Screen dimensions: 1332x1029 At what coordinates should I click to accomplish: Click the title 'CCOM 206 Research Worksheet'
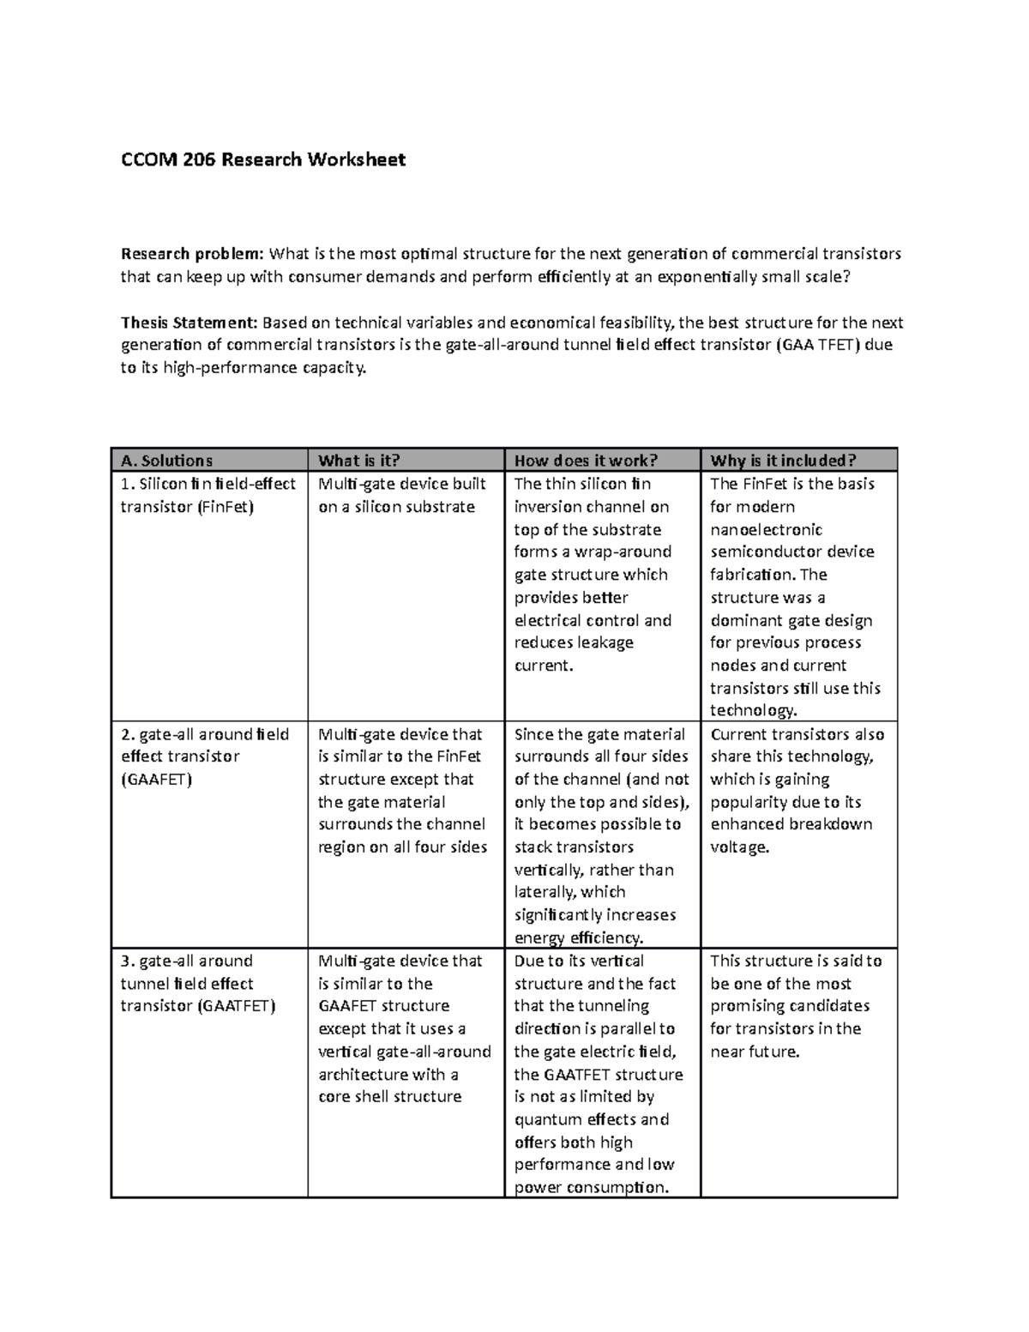point(262,160)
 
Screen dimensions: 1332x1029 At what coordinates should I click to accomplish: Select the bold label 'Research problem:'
point(193,254)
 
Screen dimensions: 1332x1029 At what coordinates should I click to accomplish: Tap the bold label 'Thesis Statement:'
point(189,322)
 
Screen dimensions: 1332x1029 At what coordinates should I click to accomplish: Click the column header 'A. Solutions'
point(166,461)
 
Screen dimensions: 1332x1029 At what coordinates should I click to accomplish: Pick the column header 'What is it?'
point(359,461)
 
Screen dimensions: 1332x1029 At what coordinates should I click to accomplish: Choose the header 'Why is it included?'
point(783,461)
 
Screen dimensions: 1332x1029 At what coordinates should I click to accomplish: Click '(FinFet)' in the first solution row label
point(226,507)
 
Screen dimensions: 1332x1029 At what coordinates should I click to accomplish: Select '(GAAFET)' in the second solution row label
point(156,780)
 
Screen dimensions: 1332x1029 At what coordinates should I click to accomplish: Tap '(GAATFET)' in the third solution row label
point(236,1006)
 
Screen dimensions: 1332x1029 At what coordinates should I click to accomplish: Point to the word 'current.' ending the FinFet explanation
point(543,666)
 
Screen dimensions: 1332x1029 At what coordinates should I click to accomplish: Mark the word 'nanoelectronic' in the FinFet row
point(766,530)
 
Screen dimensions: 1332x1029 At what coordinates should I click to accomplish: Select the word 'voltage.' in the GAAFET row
point(740,847)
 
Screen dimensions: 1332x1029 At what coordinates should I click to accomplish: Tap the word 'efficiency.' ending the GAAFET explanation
point(605,937)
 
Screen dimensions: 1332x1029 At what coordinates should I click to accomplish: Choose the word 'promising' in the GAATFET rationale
point(747,1006)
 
